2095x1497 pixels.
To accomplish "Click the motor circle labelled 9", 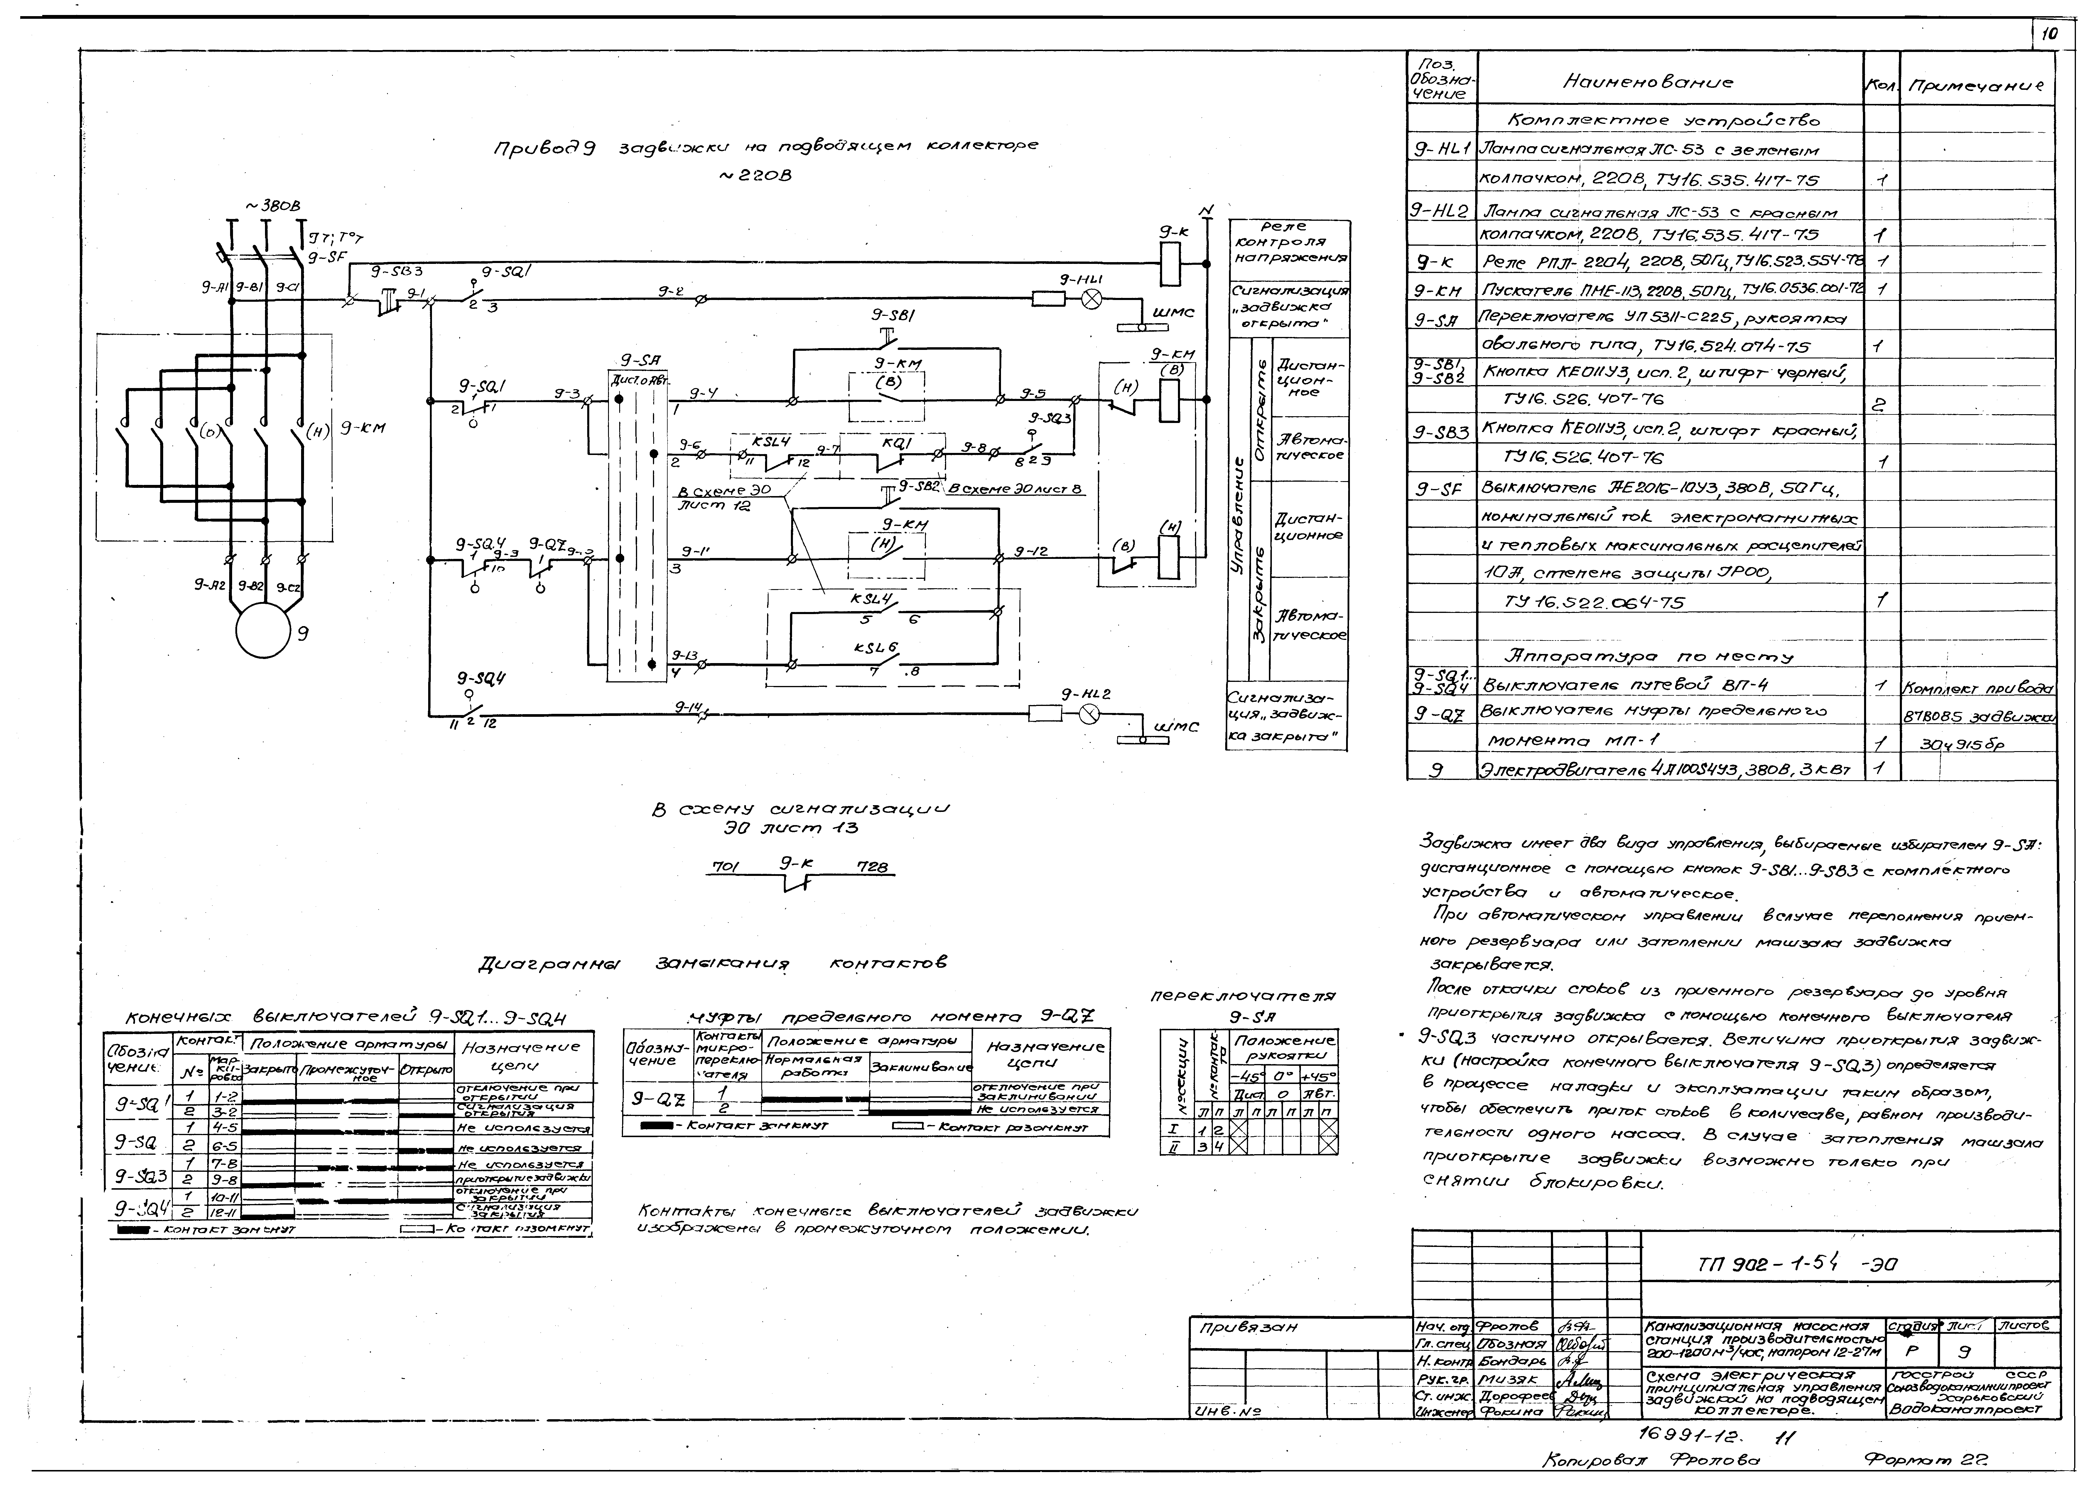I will coord(263,630).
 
